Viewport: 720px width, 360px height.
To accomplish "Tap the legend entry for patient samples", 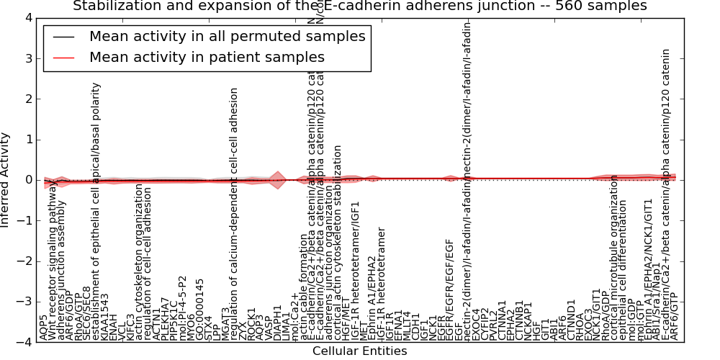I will click(x=207, y=57).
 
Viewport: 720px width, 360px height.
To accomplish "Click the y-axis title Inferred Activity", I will click(x=6, y=180).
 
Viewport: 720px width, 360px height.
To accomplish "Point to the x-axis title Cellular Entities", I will click(x=359, y=351).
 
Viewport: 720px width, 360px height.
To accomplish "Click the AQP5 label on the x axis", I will click(x=45, y=328).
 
